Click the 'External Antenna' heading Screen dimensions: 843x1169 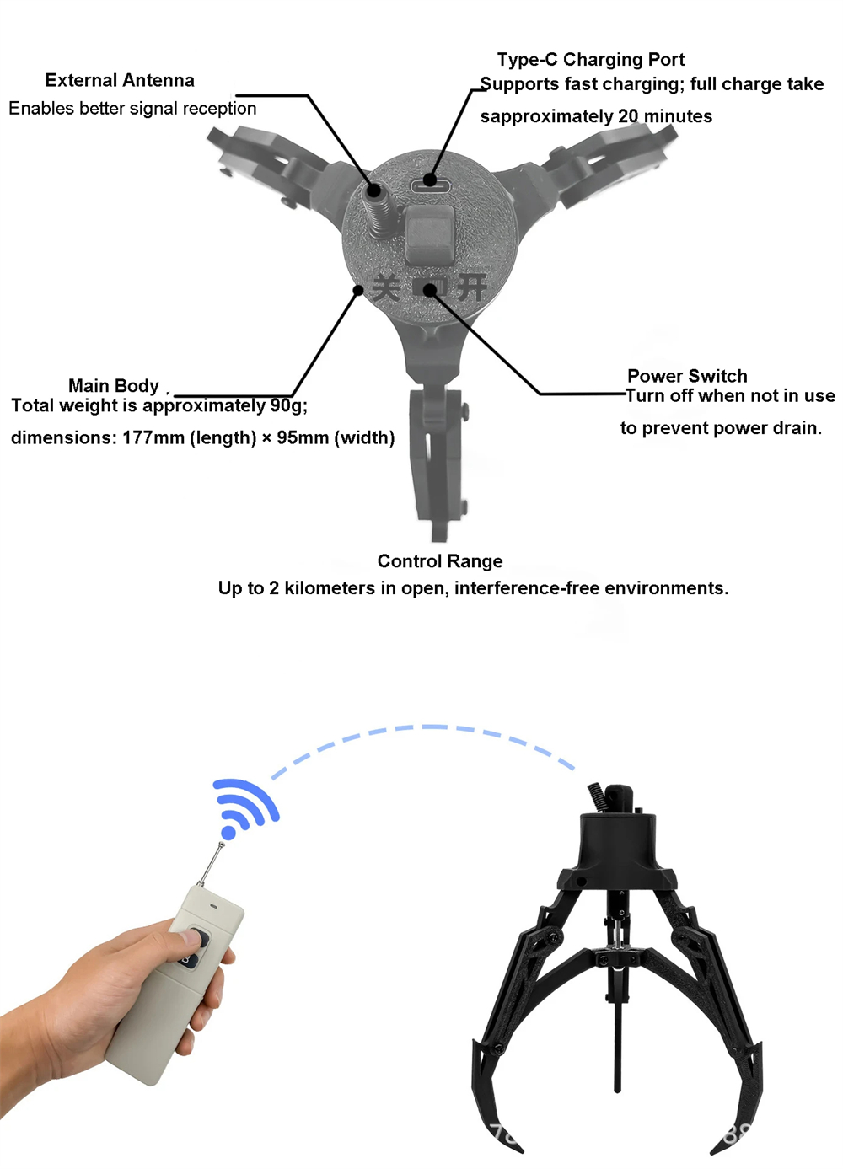[x=120, y=80]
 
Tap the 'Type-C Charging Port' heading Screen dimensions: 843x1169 [x=590, y=60]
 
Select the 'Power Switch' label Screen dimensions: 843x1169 [x=687, y=376]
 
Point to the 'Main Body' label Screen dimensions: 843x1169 [x=113, y=386]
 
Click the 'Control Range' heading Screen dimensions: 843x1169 [x=440, y=561]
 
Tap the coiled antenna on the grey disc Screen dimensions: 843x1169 [x=376, y=211]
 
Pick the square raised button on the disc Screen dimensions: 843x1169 [x=430, y=234]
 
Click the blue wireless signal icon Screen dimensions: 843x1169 [x=245, y=808]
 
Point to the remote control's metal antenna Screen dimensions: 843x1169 [x=211, y=864]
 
